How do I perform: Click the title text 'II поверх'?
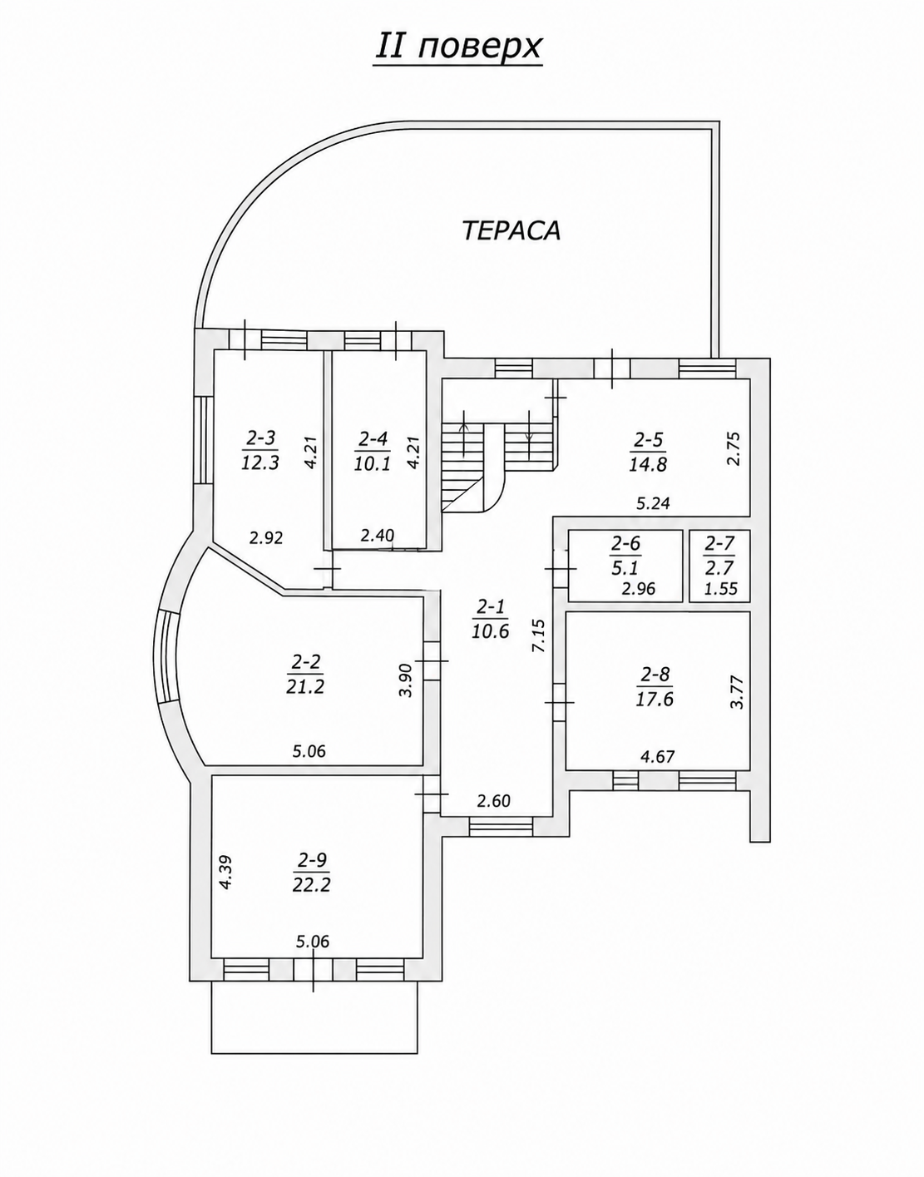point(458,47)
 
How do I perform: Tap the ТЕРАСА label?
point(511,230)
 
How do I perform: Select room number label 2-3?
point(260,439)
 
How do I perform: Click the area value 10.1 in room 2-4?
point(373,464)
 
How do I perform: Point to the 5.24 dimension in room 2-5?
point(653,504)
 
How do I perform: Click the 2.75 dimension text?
point(733,448)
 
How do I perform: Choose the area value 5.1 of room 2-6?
point(625,567)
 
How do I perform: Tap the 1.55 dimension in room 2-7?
point(721,588)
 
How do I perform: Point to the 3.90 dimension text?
point(407,680)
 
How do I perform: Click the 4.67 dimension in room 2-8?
point(658,756)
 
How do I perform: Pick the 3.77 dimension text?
point(737,692)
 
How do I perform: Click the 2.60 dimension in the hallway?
point(494,800)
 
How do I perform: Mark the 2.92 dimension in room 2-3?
point(266,538)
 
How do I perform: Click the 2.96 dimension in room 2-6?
point(638,588)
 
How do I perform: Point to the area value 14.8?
point(647,464)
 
